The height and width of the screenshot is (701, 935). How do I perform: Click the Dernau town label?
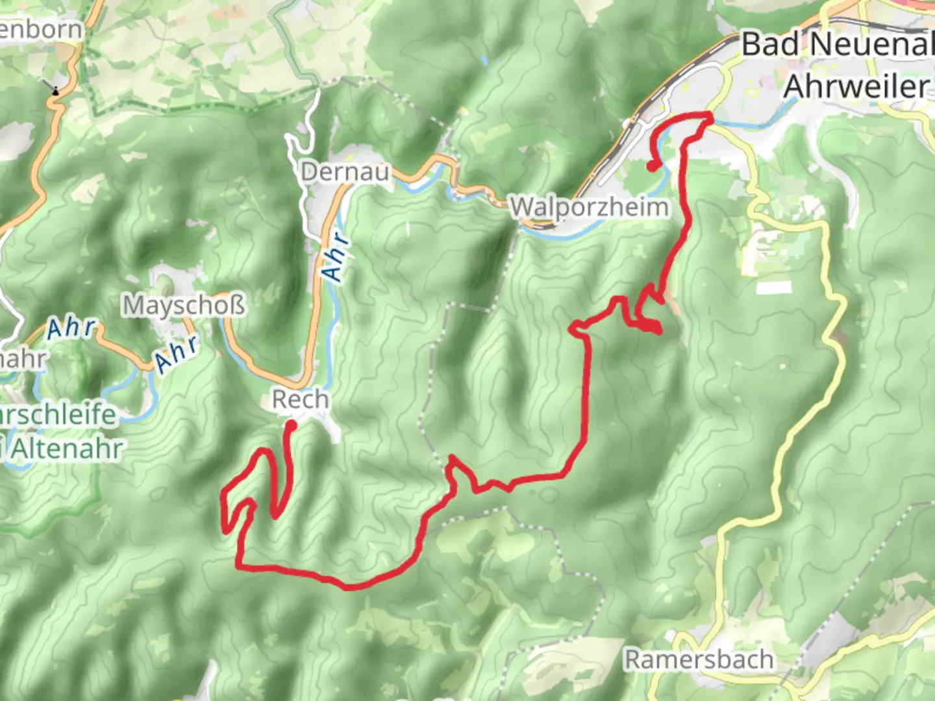click(x=345, y=172)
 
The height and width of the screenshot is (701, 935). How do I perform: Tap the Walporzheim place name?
click(x=589, y=208)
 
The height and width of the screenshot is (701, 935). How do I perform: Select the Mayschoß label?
click(x=184, y=305)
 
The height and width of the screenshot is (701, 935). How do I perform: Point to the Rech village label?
click(x=300, y=399)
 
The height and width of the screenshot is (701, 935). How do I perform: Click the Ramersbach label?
click(x=699, y=659)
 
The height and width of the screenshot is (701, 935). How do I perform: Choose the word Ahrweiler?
click(x=856, y=86)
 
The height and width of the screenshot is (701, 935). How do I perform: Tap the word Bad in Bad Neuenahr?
click(x=772, y=44)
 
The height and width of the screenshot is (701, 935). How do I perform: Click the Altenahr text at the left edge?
click(x=66, y=449)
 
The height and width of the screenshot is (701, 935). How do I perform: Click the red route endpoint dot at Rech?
click(x=292, y=425)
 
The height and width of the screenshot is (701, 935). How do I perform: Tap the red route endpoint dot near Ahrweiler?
click(x=651, y=166)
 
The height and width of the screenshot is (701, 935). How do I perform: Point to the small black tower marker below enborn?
click(x=56, y=90)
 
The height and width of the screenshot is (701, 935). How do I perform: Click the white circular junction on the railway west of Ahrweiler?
click(x=629, y=123)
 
